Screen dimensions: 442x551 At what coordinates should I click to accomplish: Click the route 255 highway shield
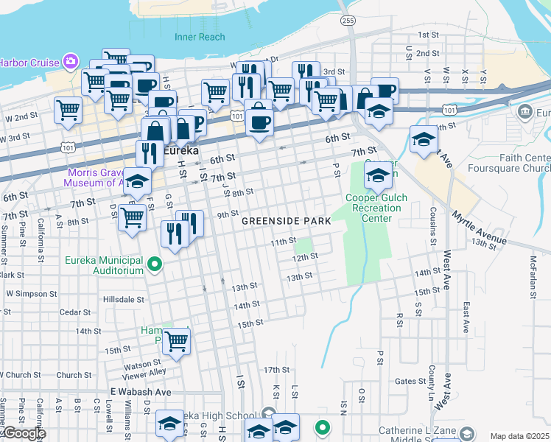coord(348,21)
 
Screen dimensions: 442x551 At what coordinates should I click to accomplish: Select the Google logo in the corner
coord(24,433)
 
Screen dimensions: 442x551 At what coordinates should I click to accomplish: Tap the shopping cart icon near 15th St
coord(176,341)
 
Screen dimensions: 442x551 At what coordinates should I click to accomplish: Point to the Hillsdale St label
coord(124,300)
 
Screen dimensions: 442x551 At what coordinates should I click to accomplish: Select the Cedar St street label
coord(75,312)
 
